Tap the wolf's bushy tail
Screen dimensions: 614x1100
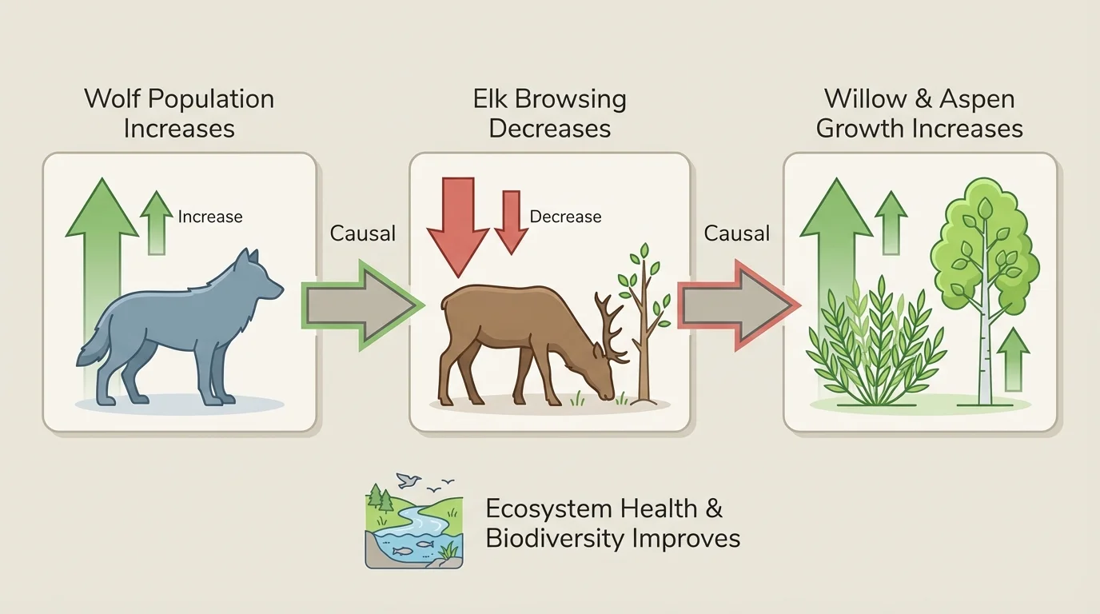click(x=94, y=349)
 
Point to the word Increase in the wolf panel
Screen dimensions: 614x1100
click(x=210, y=217)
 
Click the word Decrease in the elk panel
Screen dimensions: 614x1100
click(x=565, y=217)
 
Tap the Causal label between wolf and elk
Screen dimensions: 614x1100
click(x=363, y=233)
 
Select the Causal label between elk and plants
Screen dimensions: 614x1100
click(x=737, y=233)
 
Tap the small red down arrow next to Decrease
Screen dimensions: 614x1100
click(x=511, y=220)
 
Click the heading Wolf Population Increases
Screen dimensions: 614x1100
click(x=179, y=114)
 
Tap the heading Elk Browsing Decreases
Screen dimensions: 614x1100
click(x=549, y=114)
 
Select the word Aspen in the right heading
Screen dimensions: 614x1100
click(x=977, y=99)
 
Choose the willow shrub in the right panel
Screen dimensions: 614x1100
click(x=875, y=344)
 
